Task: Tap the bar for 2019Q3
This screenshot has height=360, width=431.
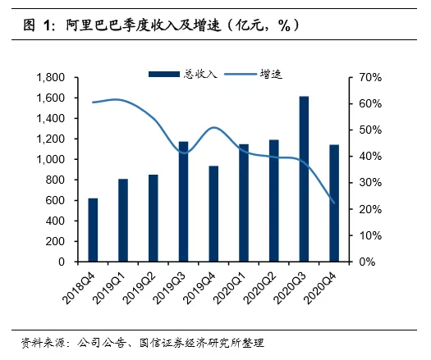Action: (x=183, y=201)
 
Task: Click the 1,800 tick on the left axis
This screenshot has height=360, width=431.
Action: (x=51, y=77)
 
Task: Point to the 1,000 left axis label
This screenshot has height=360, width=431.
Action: (x=51, y=159)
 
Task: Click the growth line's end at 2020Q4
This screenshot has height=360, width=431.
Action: (x=333, y=203)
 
